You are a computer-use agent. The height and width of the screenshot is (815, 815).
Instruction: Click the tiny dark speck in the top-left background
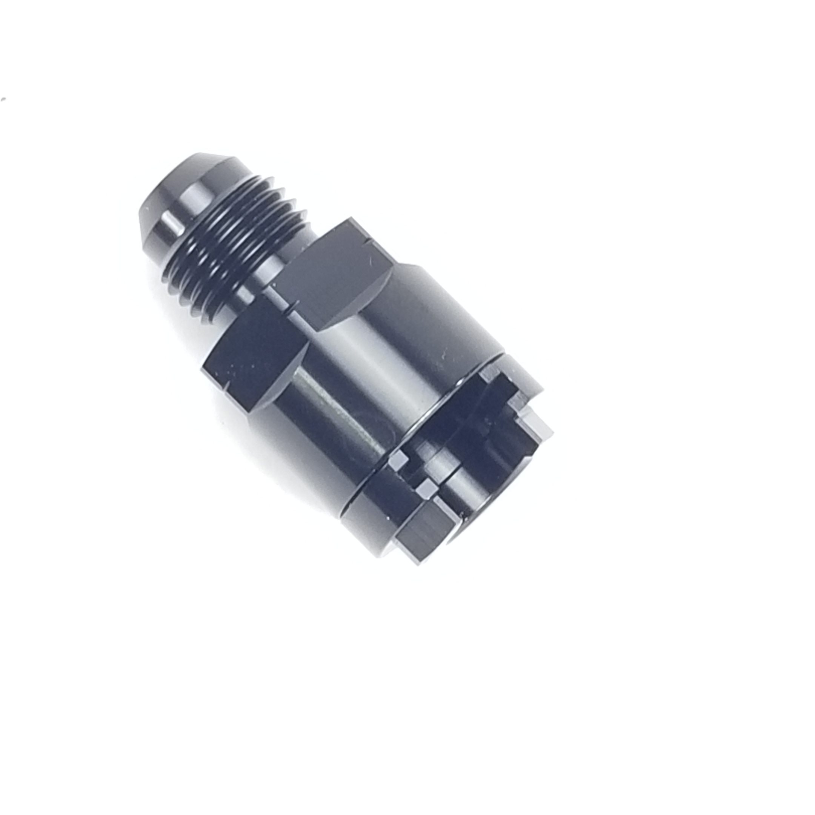pos(4,100)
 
